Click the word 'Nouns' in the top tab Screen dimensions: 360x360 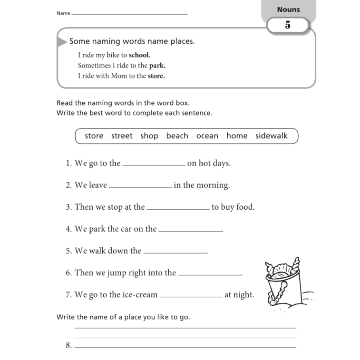click(288, 10)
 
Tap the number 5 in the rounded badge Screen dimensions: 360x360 click(288, 25)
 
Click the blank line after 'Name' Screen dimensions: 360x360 click(129, 14)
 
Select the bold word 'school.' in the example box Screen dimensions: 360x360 click(139, 55)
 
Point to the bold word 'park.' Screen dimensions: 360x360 click(157, 66)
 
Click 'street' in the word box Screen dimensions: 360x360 click(122, 136)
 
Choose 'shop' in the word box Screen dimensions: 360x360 click(149, 136)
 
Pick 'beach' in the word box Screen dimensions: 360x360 click(177, 136)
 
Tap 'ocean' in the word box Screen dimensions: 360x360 click(207, 136)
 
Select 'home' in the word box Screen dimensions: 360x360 click(237, 136)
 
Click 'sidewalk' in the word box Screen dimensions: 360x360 click(271, 136)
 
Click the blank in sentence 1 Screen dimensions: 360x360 click(154, 164)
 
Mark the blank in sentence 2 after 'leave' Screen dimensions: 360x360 click(140, 186)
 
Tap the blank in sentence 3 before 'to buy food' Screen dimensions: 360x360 click(178, 208)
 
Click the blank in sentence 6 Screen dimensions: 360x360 click(209, 274)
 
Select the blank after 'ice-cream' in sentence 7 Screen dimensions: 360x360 click(191, 296)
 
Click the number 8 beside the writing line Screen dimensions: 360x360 click(68, 346)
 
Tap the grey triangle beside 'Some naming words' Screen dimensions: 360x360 click(62, 42)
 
